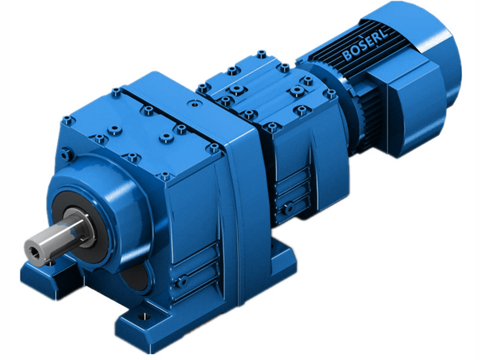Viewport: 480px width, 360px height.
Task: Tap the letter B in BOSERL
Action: [x=347, y=57]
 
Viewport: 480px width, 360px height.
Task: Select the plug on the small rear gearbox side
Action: [x=290, y=208]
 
